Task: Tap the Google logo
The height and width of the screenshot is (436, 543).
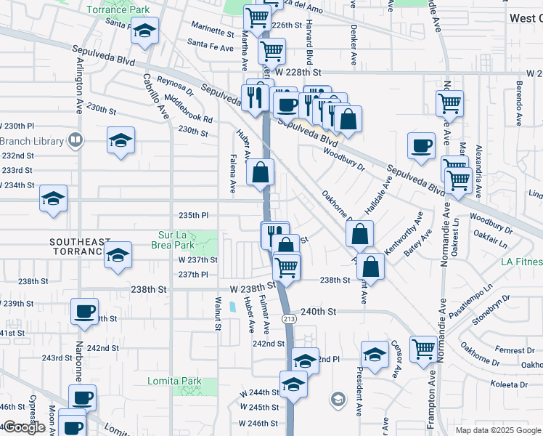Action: pos(24,427)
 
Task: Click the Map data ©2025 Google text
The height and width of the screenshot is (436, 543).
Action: pos(498,430)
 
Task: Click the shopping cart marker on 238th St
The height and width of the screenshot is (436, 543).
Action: pos(287,266)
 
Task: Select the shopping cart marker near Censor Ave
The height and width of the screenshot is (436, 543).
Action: pos(422,347)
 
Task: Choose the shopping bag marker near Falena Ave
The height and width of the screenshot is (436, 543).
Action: pos(261,172)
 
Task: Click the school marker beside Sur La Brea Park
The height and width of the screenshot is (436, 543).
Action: pos(117,254)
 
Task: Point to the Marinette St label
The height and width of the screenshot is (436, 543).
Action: pos(213,33)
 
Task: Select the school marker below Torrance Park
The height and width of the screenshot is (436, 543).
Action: pos(144,31)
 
